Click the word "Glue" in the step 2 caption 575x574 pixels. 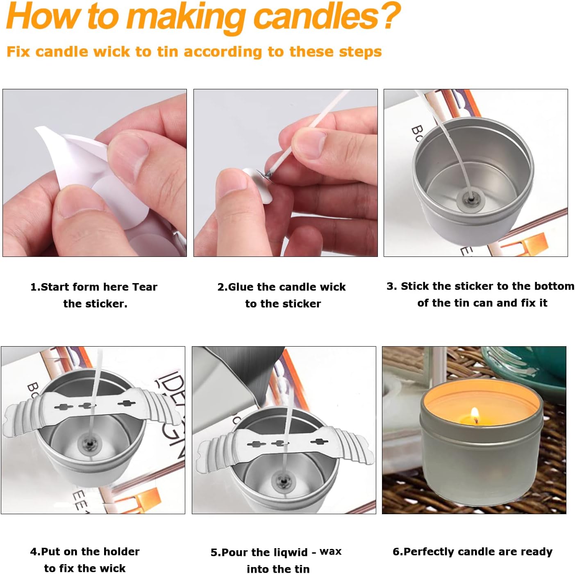pos(241,287)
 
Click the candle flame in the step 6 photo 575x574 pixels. pos(474,413)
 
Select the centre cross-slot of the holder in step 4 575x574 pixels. pos(87,406)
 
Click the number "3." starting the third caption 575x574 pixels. pos(391,286)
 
